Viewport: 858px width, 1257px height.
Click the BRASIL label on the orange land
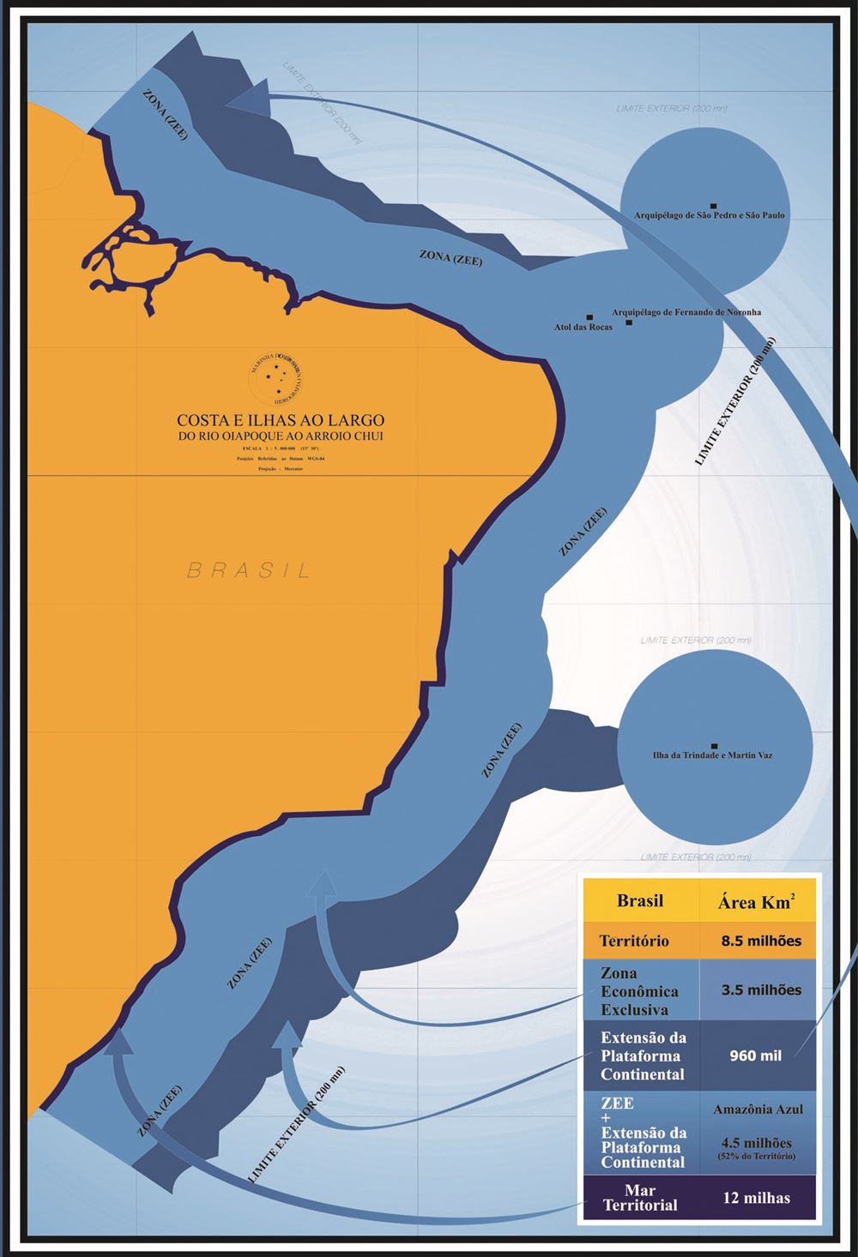coord(249,570)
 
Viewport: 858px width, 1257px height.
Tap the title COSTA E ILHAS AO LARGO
coord(281,420)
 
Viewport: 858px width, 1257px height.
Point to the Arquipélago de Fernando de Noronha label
coord(686,312)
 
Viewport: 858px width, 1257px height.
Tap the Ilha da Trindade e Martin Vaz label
coord(713,755)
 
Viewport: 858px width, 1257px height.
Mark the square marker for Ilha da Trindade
coord(714,746)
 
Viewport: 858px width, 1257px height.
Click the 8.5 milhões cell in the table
coord(761,941)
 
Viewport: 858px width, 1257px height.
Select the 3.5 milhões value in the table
coord(761,989)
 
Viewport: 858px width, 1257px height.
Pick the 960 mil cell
coord(756,1056)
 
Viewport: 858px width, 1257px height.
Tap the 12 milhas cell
coord(757,1198)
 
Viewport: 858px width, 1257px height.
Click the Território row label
coord(634,941)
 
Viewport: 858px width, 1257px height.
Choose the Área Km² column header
coord(756,902)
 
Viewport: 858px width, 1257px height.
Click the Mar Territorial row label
coord(640,1198)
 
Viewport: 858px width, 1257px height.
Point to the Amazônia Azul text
coord(758,1110)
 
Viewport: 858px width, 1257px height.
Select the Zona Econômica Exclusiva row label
coord(639,991)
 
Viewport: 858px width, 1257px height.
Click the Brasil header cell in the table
coord(640,901)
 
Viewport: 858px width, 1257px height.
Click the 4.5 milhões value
coord(757,1143)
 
